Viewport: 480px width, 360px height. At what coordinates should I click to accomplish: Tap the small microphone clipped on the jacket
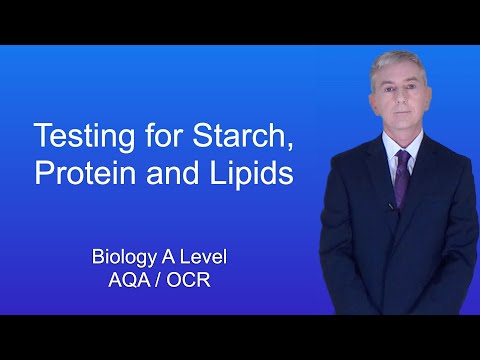click(x=390, y=207)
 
